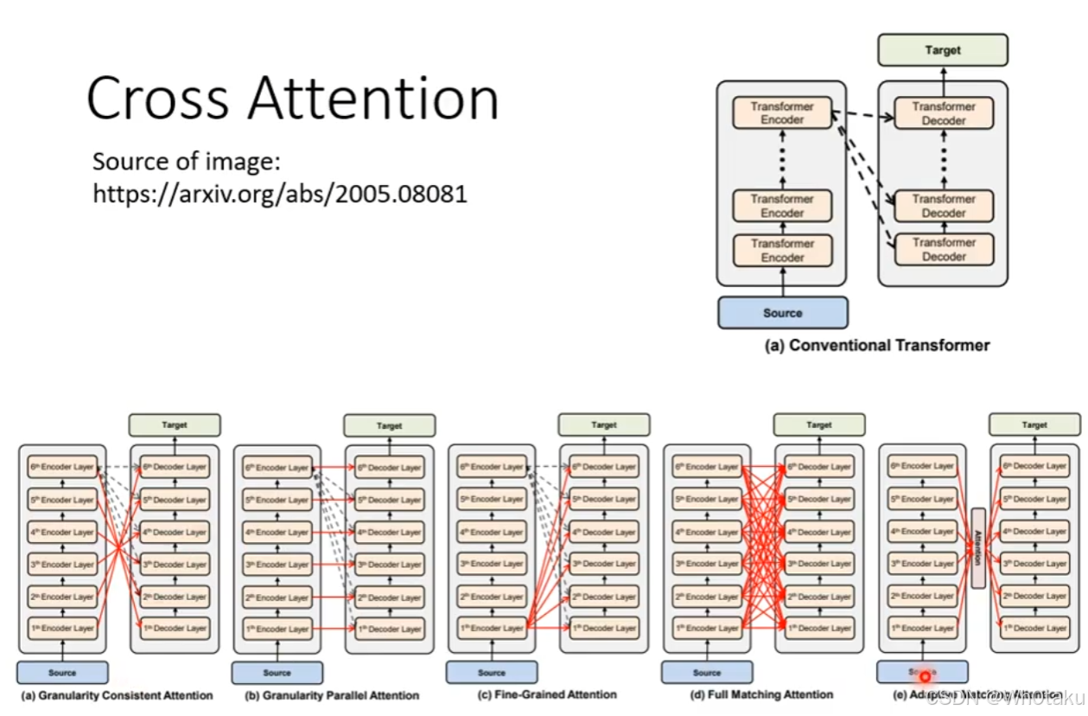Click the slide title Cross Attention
(x=292, y=98)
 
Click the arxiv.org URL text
(x=280, y=193)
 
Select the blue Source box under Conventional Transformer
(x=782, y=313)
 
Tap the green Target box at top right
(x=942, y=50)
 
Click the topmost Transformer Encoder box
(x=782, y=113)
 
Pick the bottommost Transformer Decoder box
(x=944, y=249)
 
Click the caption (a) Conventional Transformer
(x=877, y=345)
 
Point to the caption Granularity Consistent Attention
(x=117, y=695)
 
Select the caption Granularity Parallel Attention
(x=332, y=695)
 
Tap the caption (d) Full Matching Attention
(x=762, y=694)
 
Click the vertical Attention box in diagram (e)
(x=978, y=547)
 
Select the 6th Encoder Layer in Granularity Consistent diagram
(x=61, y=467)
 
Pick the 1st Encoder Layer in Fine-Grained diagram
(x=491, y=629)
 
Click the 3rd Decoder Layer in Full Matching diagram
(x=819, y=564)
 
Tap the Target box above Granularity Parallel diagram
(x=389, y=425)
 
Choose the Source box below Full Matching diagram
(x=706, y=673)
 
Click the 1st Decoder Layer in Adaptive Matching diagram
(x=1034, y=628)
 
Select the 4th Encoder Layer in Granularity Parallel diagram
(x=277, y=533)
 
